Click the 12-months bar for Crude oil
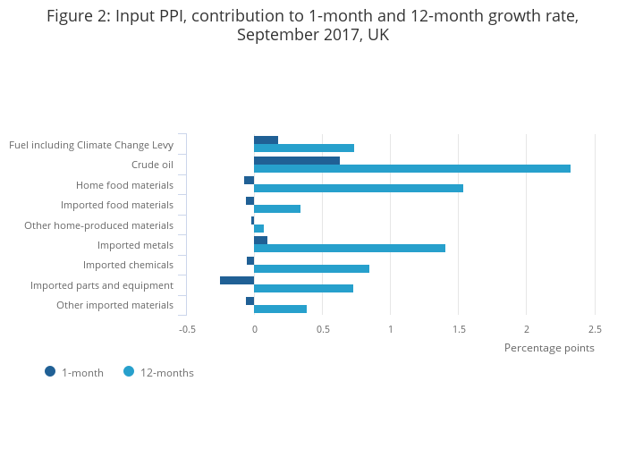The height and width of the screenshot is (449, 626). [411, 168]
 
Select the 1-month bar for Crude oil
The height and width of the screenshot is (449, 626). [297, 160]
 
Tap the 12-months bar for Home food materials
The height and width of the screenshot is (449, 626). [358, 188]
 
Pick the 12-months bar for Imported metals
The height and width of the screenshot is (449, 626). [349, 248]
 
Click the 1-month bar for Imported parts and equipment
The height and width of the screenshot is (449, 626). [237, 280]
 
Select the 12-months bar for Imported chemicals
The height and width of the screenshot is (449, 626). [311, 268]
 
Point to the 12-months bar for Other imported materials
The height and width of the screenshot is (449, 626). [280, 309]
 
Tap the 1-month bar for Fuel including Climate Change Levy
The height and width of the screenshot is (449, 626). [266, 140]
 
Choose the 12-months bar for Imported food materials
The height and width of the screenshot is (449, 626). [277, 208]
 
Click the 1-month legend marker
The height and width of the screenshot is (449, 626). [50, 371]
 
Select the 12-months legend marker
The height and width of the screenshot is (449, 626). [129, 371]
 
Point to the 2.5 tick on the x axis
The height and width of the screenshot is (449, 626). [595, 329]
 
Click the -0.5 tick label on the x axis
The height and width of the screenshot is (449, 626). [187, 329]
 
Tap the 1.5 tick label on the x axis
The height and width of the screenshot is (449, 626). [459, 329]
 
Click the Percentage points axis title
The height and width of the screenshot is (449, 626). [549, 348]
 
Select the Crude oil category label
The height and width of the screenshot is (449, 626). [152, 165]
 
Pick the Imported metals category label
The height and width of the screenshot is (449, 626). [135, 245]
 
